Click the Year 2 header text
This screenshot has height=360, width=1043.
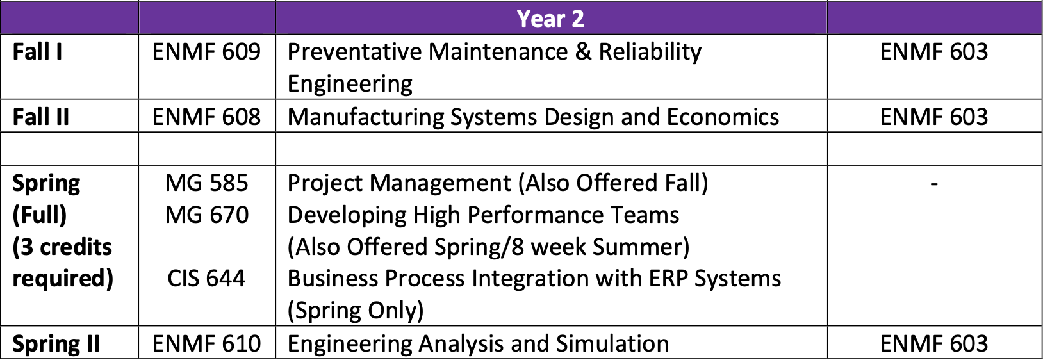click(x=550, y=19)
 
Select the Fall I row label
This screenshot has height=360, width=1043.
click(x=37, y=52)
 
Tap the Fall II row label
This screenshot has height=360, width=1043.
click(x=40, y=117)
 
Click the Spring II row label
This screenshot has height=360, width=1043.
click(x=56, y=344)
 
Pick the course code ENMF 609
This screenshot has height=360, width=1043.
click(x=206, y=52)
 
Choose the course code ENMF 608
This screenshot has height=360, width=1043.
click(x=206, y=117)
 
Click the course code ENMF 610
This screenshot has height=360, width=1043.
click(x=206, y=344)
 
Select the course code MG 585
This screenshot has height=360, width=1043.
click(x=206, y=183)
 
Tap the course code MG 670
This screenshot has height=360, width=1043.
click(x=206, y=215)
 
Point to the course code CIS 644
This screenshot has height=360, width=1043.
click(x=206, y=279)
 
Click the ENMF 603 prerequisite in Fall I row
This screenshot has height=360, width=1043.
click(x=933, y=52)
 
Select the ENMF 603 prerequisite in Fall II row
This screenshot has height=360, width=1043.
click(x=933, y=117)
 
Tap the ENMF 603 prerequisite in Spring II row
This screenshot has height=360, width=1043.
click(x=933, y=344)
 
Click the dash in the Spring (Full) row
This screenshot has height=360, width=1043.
click(x=933, y=184)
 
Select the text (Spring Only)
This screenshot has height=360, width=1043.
click(x=356, y=311)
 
